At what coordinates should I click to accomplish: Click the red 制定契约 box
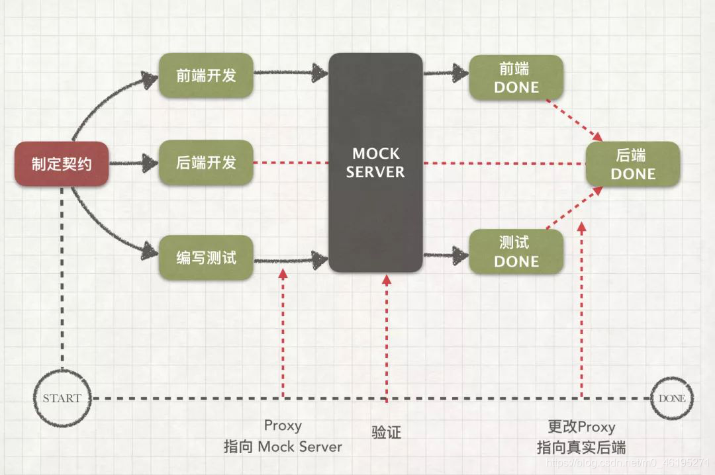tap(62, 163)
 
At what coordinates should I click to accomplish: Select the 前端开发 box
tap(206, 75)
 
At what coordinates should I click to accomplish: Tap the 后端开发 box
tap(206, 163)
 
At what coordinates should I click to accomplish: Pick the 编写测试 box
tap(206, 257)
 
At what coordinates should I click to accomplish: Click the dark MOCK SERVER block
tap(375, 163)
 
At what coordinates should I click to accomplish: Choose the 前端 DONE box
tap(516, 77)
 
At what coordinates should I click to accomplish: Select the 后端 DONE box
tap(632, 164)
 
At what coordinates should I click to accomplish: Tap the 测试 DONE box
tap(516, 251)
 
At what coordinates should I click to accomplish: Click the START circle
tap(62, 398)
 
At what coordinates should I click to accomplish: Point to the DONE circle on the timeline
tap(671, 398)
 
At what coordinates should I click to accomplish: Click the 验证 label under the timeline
tap(387, 433)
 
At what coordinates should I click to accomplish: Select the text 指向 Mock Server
tap(283, 447)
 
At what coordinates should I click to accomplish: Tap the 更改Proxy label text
tap(581, 427)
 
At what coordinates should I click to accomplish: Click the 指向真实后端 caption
tap(581, 447)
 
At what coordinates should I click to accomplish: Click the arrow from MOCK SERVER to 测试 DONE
tap(446, 253)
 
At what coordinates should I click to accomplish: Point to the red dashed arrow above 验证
tap(387, 337)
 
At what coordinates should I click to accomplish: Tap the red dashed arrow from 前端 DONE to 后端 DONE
tap(573, 120)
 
